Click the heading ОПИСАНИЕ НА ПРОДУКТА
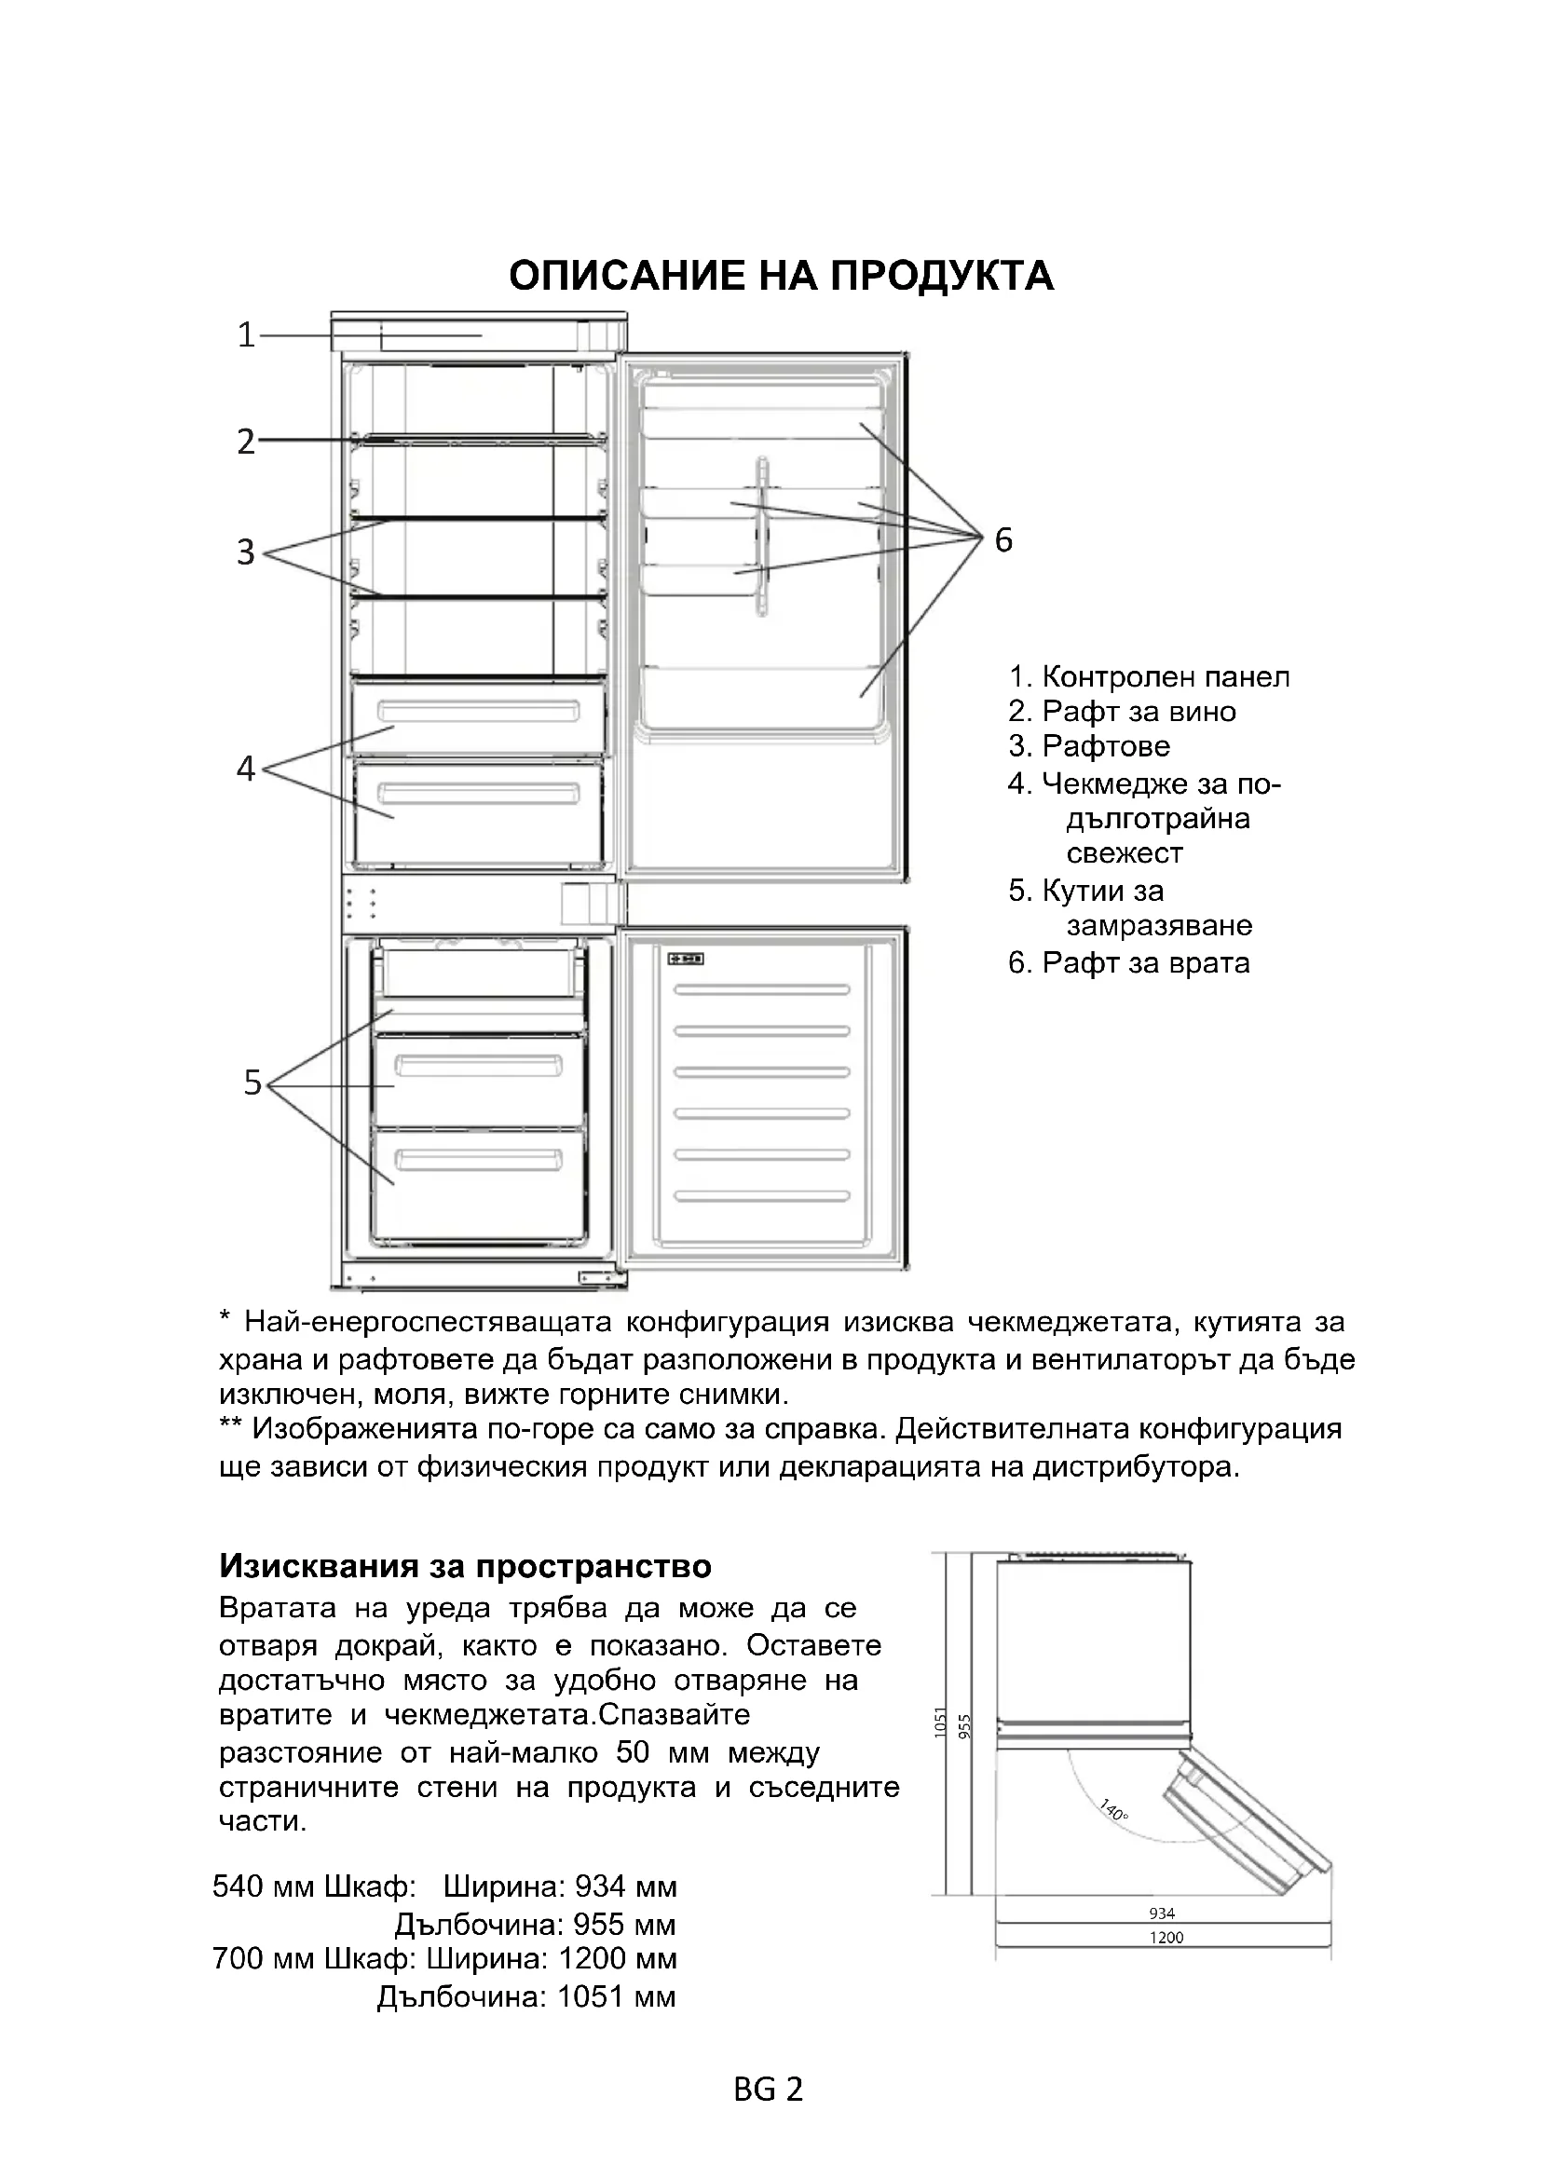tap(780, 276)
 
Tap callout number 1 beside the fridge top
tap(247, 335)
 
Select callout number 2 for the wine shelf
tap(246, 442)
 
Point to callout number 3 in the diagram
tap(246, 552)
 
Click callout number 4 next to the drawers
tap(246, 768)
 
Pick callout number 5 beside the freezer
tap(252, 1082)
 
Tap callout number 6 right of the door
tap(1003, 540)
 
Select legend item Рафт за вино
tap(1138, 712)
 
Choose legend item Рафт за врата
tap(1144, 963)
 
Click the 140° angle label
tap(1113, 1809)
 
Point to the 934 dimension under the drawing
tap(1162, 1913)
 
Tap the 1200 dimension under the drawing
tap(1166, 1937)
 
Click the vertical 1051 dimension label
tap(940, 1721)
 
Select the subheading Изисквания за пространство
tap(465, 1566)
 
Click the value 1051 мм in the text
tap(616, 1996)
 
